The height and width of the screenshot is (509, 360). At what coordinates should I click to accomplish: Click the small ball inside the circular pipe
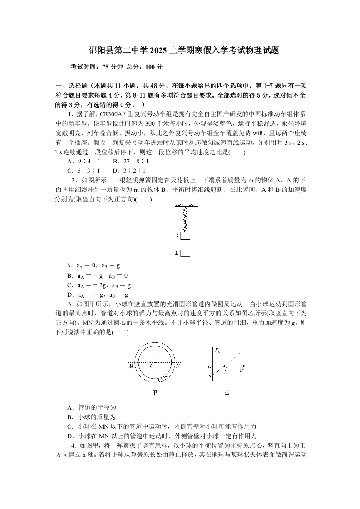159,379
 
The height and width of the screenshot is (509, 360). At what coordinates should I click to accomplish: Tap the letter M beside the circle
131,366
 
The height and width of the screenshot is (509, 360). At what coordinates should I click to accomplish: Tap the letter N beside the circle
178,366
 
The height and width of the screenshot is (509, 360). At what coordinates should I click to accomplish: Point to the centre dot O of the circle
154,363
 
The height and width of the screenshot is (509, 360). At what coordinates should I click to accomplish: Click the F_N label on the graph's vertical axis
217,351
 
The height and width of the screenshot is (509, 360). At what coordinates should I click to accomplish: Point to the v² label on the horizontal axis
242,370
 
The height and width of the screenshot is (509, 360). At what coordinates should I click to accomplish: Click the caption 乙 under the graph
227,392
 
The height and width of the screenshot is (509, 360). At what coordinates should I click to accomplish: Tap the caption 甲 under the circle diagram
154,392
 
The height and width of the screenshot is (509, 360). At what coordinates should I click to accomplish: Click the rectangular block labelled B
185,253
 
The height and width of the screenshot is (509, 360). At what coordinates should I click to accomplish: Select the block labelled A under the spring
185,236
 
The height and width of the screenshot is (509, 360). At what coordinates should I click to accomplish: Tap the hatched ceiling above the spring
185,206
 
